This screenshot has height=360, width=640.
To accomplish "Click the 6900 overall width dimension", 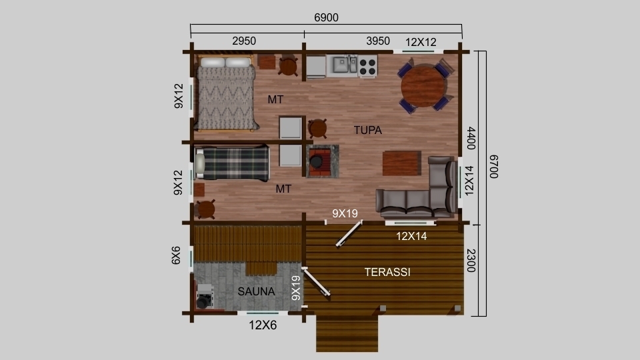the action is coord(326,17).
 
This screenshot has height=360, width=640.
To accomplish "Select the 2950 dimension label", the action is coord(244,41).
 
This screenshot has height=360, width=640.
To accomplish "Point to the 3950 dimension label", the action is coord(378,41).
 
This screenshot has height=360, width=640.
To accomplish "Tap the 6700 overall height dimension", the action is coord(493,167).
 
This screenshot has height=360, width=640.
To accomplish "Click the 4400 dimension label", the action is coord(471,138).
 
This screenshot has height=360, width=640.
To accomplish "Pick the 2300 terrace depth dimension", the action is coord(471,261).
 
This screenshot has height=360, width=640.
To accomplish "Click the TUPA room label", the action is coord(368,130).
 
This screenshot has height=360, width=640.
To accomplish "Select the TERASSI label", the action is coord(387,272).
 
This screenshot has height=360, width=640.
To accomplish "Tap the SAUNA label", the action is coord(256,291).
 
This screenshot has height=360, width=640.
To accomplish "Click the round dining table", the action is coord(423,86).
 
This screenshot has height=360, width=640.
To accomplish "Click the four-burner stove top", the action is coord(368,67).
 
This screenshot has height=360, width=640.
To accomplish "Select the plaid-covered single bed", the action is coord(232,164).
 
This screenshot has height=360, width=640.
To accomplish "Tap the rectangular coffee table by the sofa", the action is coord(401,163).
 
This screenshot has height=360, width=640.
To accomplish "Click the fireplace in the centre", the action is coord(323,161).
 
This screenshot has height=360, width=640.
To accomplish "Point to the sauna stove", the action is coord(204,296).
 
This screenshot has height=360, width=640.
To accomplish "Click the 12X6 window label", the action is coord(263,325).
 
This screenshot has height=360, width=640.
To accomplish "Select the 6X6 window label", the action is coord(176,255).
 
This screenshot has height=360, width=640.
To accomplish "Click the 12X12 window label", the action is coord(421,42).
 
